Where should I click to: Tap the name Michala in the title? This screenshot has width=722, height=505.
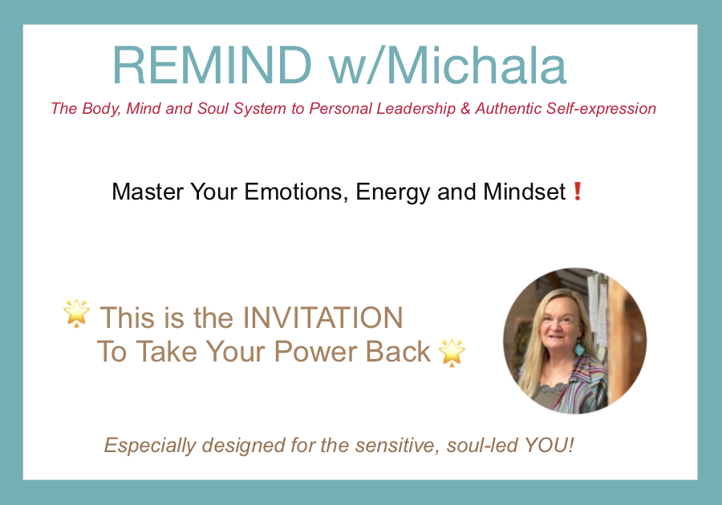coord(476,65)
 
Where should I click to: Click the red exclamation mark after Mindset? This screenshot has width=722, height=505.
coord(578,192)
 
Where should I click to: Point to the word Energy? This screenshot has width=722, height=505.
coord(393,192)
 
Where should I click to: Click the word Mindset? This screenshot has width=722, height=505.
coord(525,192)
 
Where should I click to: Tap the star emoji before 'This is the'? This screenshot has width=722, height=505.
coord(76,313)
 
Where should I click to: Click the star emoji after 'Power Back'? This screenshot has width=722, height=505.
coord(452,353)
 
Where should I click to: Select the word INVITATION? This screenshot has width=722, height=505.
coord(322,317)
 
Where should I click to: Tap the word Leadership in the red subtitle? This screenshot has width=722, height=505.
coord(416,109)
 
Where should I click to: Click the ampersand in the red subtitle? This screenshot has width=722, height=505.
coord(465,109)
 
